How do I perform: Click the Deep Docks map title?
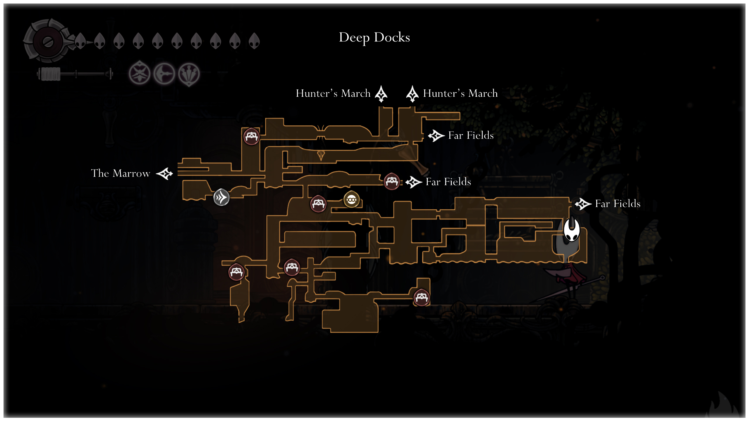coord(374,37)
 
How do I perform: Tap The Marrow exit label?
coord(121,173)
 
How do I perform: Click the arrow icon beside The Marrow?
coord(164,174)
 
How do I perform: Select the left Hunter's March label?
coord(333,94)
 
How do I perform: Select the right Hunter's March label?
coord(460,94)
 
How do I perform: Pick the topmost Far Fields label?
coord(471,135)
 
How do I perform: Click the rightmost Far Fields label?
coord(618,203)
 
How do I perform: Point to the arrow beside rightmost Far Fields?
coord(583,204)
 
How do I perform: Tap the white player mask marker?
coord(571,230)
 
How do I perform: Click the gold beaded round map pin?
coord(351,200)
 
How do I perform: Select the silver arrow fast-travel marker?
coord(221,197)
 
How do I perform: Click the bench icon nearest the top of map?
coord(251,136)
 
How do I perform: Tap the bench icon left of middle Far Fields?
coord(391,182)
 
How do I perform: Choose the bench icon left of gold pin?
coord(318,204)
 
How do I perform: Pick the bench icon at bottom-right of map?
coord(421,298)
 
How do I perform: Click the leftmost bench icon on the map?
coord(236,272)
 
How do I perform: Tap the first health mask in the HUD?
coord(80,41)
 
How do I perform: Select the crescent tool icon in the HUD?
coord(164,74)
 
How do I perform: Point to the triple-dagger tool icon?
coord(189,74)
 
